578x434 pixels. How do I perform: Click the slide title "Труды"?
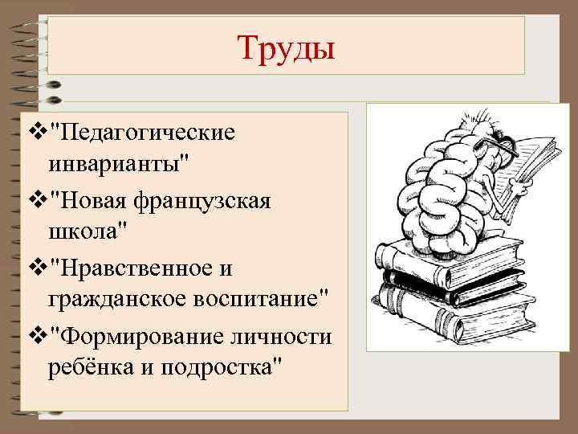point(286,47)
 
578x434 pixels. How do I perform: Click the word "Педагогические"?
point(145,131)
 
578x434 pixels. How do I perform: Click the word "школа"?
point(83,231)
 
